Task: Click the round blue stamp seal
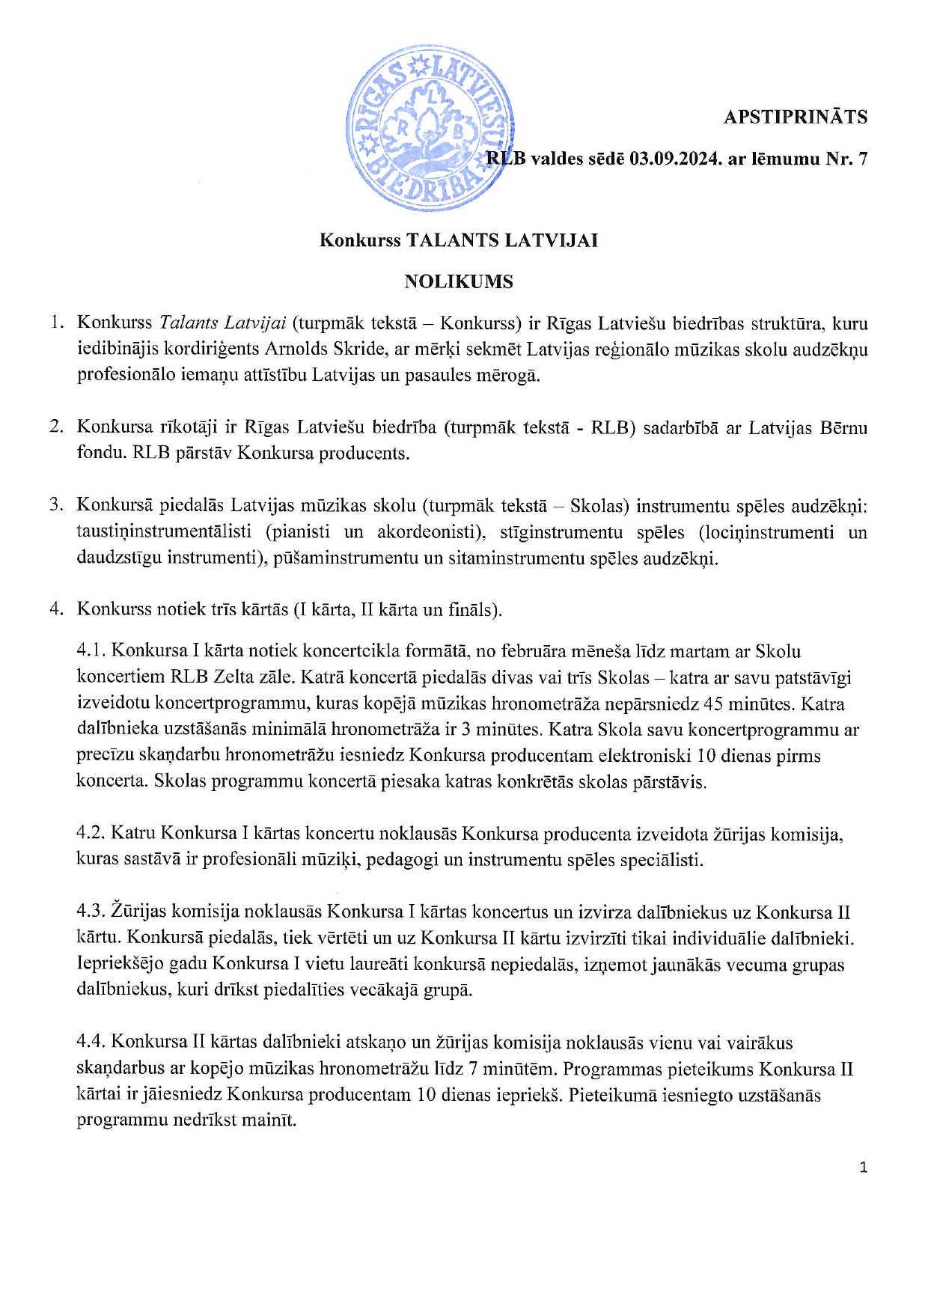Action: click(x=430, y=129)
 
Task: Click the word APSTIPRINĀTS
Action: click(x=795, y=117)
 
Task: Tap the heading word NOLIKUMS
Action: click(x=459, y=281)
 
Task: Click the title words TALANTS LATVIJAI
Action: click(x=501, y=240)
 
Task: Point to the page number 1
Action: click(x=864, y=1167)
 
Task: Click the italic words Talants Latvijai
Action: click(x=222, y=323)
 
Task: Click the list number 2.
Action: click(x=56, y=427)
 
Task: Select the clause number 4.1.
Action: click(x=91, y=651)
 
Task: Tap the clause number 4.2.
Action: click(x=91, y=833)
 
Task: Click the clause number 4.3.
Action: click(x=91, y=912)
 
